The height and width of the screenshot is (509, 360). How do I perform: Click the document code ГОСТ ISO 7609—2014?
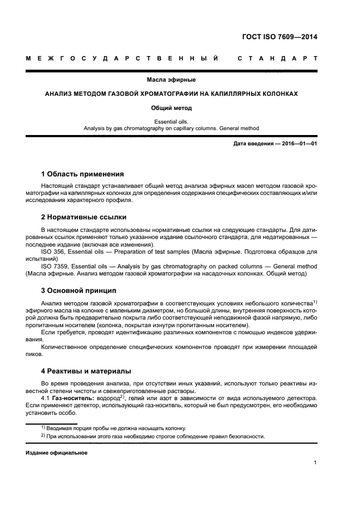coord(279,37)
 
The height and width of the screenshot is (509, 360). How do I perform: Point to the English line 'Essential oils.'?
coord(171,121)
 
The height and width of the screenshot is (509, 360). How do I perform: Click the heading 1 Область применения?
coord(82,174)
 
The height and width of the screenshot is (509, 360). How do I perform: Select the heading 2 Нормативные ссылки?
coord(84,217)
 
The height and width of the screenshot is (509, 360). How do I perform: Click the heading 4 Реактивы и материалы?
coord(86,371)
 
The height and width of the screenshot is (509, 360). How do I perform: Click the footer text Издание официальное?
coord(56,453)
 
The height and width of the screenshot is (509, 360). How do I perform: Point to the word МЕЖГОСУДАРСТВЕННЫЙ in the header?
coord(123,58)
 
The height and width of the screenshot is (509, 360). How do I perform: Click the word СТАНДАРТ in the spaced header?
coord(278,58)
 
